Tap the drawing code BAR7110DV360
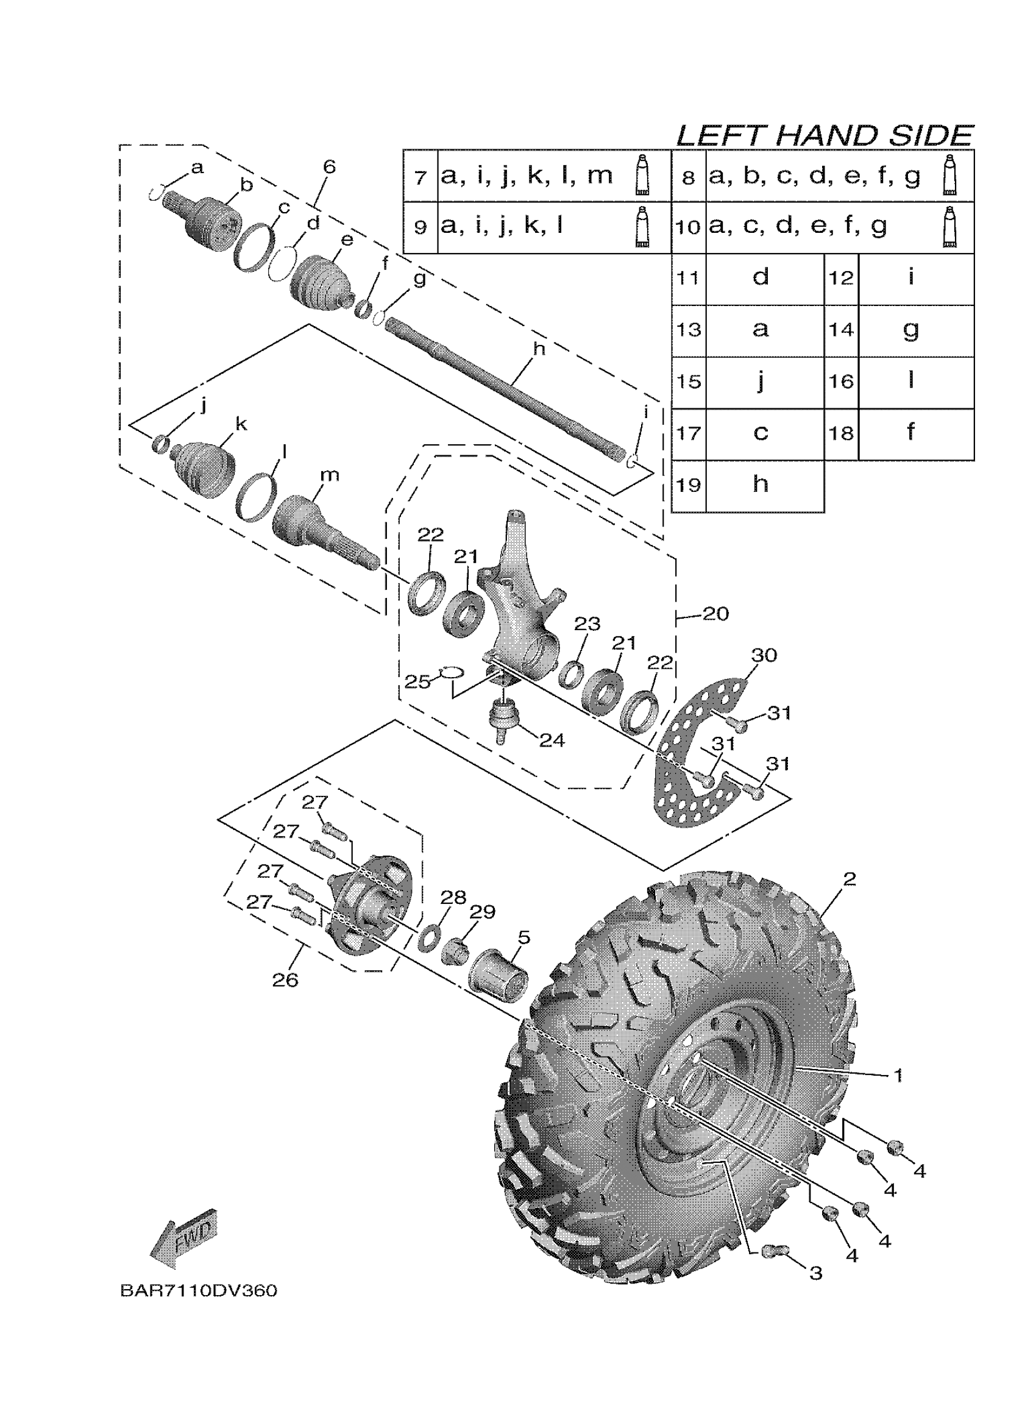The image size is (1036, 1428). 198,1291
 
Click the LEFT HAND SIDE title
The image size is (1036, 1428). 824,135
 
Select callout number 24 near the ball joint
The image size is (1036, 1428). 552,741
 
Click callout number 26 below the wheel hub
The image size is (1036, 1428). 285,979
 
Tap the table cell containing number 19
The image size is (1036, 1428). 689,485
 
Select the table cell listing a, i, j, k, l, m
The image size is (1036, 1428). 527,176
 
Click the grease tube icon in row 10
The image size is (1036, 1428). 950,227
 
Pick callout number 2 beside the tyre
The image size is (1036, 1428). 849,878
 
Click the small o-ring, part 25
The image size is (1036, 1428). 452,672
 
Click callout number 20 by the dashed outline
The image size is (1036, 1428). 715,613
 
